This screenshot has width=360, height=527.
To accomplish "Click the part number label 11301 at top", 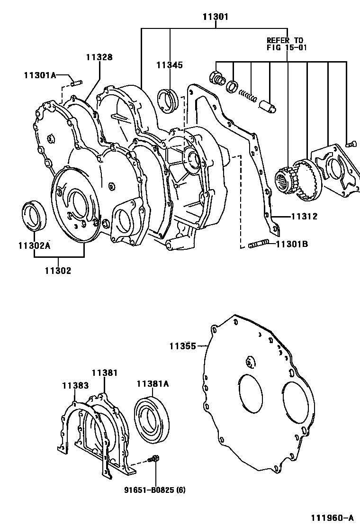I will click(216, 17).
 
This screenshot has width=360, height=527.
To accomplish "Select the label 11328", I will click(99, 57).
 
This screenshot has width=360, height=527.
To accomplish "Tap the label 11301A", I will click(40, 74).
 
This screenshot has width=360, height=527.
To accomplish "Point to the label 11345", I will click(170, 65).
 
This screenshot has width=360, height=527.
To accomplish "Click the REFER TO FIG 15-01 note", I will click(285, 44).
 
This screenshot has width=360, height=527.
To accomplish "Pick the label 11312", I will click(304, 217).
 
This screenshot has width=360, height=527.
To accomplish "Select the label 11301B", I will click(292, 244).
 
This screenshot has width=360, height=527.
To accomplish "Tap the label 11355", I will click(182, 346).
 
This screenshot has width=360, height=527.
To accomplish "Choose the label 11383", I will click(75, 386).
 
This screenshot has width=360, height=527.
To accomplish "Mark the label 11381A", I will click(153, 384).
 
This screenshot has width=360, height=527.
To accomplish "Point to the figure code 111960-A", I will click(332, 517).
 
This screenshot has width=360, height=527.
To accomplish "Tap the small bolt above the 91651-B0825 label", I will click(153, 459).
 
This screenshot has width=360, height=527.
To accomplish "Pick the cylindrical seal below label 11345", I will click(170, 101).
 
